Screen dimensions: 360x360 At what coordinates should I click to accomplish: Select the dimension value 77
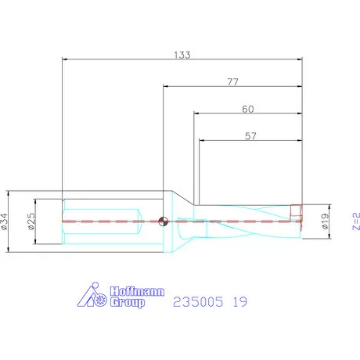pos(232,81)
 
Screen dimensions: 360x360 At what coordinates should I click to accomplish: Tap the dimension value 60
pos(247,109)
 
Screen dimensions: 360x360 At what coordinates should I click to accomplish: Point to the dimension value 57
pos(250,136)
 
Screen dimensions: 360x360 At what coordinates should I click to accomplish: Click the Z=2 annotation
pos(354,221)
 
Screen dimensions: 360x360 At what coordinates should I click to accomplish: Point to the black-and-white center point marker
pos(164,221)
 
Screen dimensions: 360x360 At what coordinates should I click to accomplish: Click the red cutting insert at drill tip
pos(297,212)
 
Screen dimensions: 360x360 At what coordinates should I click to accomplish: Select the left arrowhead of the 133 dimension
pos(65,59)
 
